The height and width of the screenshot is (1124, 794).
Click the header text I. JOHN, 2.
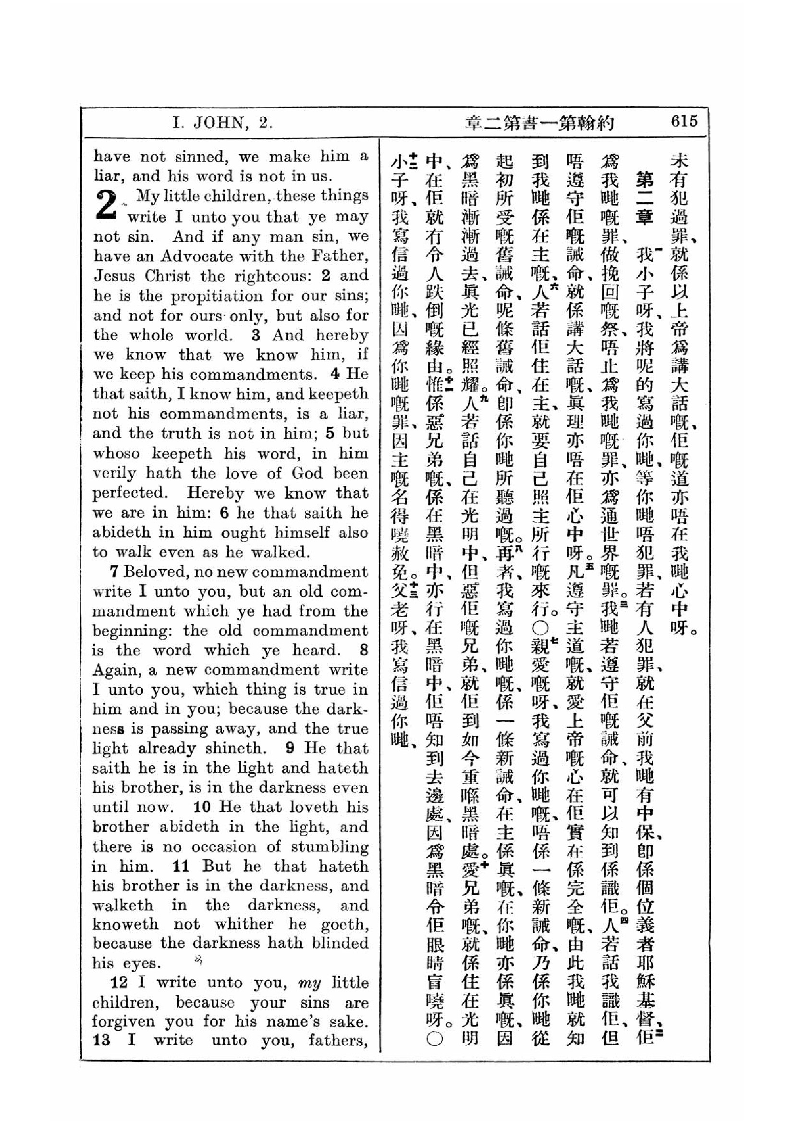[222, 123]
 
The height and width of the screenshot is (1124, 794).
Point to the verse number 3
[256, 335]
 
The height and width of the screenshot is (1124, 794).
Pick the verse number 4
[335, 374]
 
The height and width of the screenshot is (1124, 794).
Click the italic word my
[310, 983]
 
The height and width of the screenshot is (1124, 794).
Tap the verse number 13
[101, 1040]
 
